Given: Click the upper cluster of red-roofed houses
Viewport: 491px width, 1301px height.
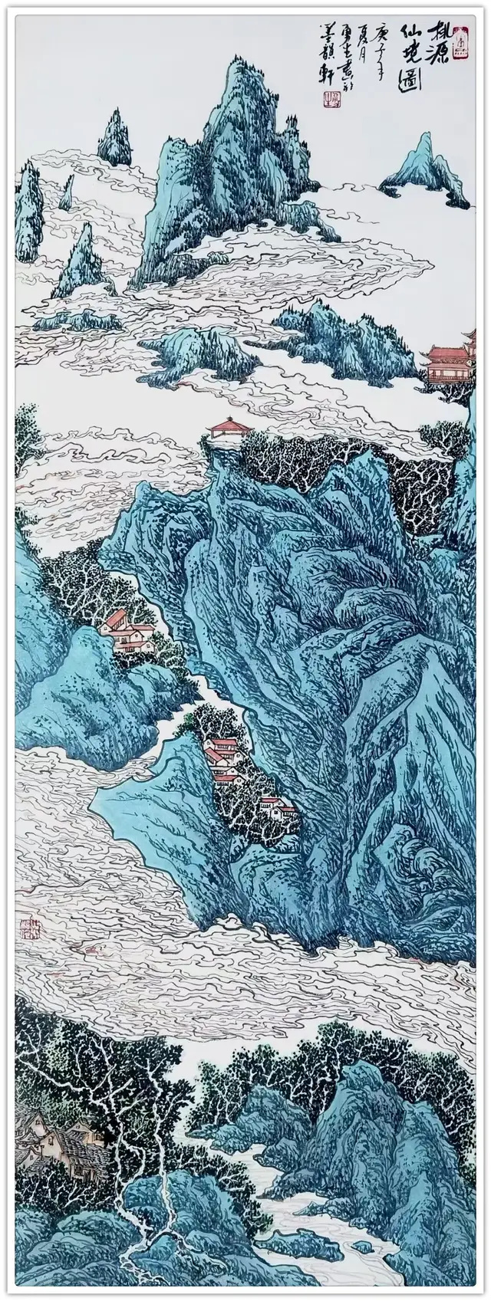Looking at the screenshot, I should click(x=126, y=632).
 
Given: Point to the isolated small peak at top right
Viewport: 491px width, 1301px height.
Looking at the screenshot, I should click(x=424, y=165).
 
